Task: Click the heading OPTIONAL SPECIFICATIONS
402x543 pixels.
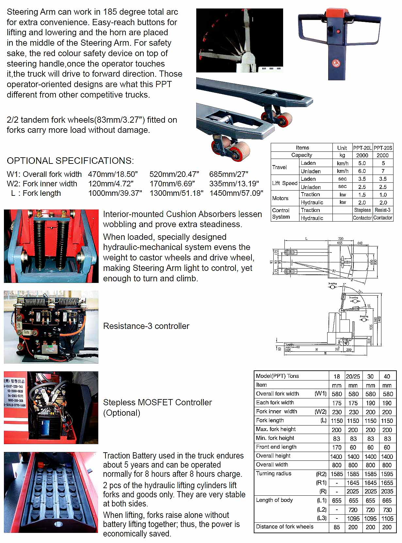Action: pos(70,161)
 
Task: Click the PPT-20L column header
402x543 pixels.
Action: pos(362,147)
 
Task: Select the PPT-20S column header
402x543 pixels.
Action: pos(383,147)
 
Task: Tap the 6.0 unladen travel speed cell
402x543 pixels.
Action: pos(362,171)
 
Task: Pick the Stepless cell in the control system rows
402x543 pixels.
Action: pos(362,210)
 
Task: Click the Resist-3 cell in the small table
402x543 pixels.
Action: pos(383,210)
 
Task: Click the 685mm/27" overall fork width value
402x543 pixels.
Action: pos(229,174)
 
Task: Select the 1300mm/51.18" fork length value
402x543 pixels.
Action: pos(176,193)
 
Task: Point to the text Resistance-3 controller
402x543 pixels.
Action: pos(146,326)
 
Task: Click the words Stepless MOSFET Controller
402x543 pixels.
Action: pos(157,402)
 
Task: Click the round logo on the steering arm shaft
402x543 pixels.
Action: pos(336,63)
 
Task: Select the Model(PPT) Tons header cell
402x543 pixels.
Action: pos(277,376)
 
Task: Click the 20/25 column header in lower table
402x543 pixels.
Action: pos(353,376)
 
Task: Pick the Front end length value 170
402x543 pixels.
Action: pos(337,447)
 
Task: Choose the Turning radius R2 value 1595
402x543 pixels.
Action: pos(387,474)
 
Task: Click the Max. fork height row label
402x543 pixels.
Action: pos(276,429)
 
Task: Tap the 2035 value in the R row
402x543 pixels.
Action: pos(387,491)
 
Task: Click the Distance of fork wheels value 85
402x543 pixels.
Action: pos(337,527)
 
